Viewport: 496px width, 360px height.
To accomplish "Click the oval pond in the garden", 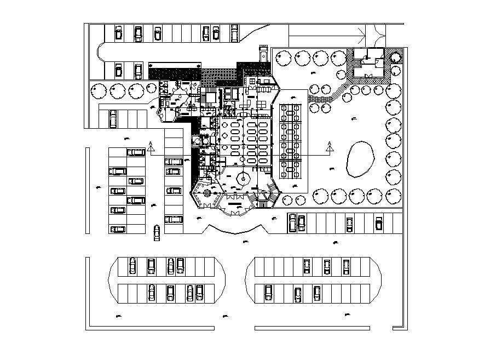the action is click(x=360, y=159).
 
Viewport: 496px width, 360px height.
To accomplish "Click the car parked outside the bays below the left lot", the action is click(x=157, y=232).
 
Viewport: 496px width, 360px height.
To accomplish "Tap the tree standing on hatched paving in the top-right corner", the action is click(x=394, y=56).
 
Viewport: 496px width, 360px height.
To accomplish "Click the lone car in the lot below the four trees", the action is click(x=113, y=118).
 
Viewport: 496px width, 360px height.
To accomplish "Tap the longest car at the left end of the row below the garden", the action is click(x=292, y=222).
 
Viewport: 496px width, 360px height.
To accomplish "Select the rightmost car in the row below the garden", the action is click(x=378, y=223).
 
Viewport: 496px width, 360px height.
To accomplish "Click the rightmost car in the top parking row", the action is click(x=234, y=33).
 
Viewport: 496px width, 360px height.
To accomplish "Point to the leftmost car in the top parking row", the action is click(x=118, y=33).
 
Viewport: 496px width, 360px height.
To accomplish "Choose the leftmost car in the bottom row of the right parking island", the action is click(x=268, y=293).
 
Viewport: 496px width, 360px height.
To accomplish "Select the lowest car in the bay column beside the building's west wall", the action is click(x=174, y=219).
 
